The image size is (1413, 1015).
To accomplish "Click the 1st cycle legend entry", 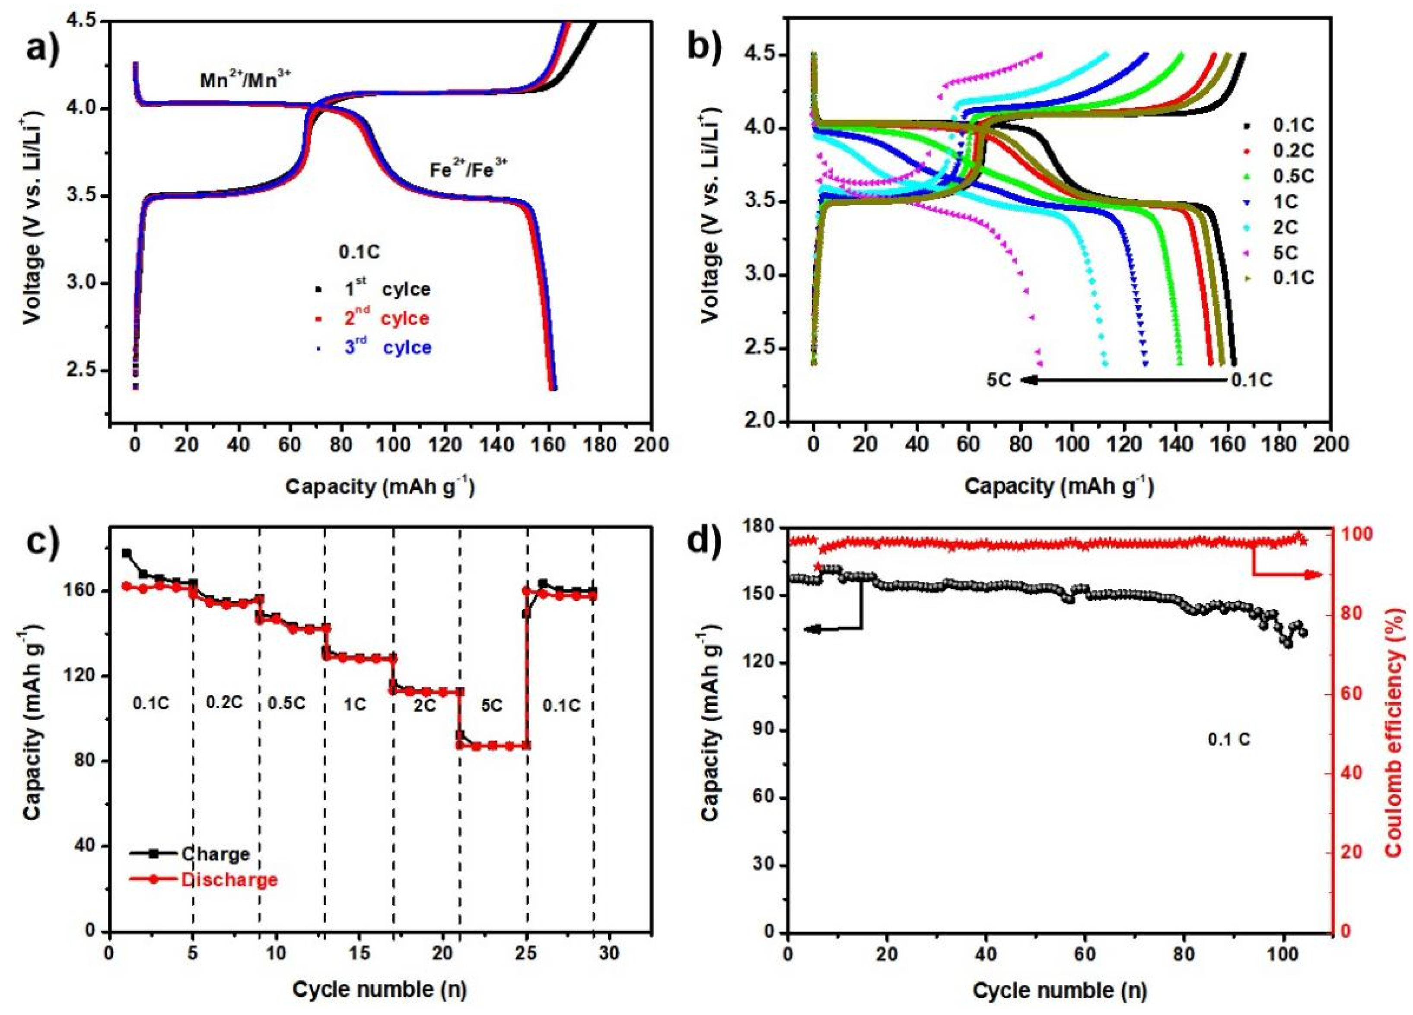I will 386,289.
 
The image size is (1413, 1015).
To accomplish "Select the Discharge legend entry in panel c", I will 228,879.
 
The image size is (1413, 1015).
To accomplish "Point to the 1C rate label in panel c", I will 355,705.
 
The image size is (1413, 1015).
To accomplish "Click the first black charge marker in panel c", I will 127,553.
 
